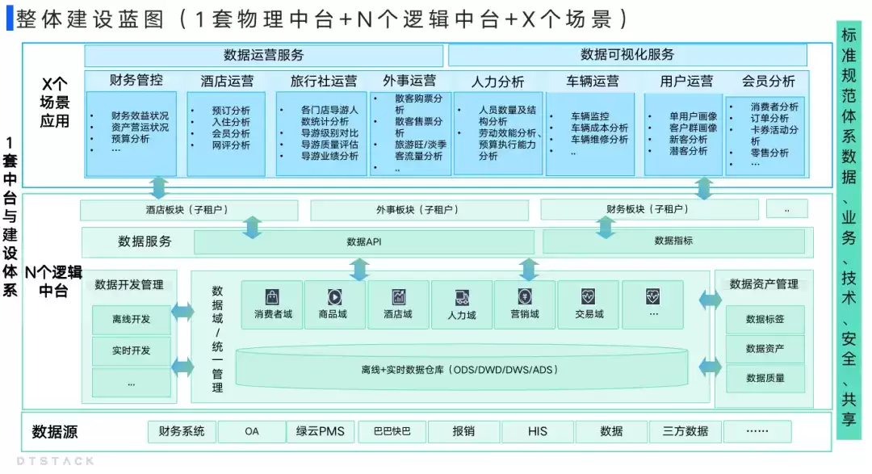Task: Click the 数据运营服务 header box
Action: point(263,55)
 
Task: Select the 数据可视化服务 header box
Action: point(627,55)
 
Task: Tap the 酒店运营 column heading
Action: point(227,82)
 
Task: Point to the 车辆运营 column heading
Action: point(593,82)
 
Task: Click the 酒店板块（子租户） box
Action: point(189,210)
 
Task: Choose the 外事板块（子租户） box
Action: point(419,210)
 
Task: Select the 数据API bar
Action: point(363,242)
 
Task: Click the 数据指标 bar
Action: point(673,241)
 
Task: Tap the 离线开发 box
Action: point(132,319)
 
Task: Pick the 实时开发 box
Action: point(132,350)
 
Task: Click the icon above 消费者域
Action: point(272,296)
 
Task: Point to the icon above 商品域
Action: point(334,296)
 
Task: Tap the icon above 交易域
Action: point(588,296)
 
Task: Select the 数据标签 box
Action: point(765,319)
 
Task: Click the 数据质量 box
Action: point(765,378)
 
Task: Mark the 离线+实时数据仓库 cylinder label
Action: point(459,370)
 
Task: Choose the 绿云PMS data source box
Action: point(321,432)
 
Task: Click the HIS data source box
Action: point(537,432)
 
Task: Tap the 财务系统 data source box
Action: point(182,432)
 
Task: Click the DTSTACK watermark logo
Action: point(56,461)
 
